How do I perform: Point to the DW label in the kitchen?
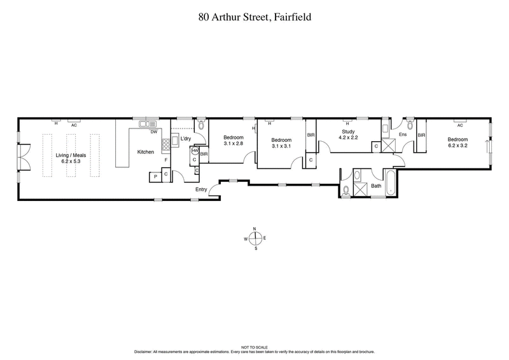[x=153, y=132]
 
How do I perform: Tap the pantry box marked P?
[x=154, y=176]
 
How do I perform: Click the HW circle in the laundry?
[x=195, y=150]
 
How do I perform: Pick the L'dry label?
[x=186, y=139]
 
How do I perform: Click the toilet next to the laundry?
[x=201, y=125]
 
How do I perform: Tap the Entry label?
[x=202, y=190]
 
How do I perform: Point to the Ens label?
[x=402, y=134]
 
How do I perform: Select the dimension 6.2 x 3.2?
[x=457, y=146]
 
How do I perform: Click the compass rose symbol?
[x=255, y=239]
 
